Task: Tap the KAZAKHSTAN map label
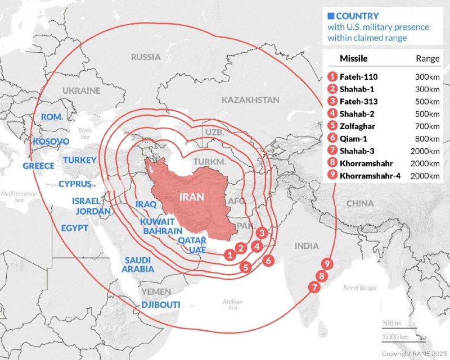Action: (x=250, y=99)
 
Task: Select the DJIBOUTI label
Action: (x=161, y=304)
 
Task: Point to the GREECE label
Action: (x=38, y=166)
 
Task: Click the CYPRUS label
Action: (x=75, y=184)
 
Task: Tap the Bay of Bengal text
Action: (x=359, y=288)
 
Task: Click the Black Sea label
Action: (x=85, y=133)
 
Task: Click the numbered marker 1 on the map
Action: (x=229, y=254)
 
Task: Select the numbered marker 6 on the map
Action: (x=268, y=261)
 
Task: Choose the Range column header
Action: (x=427, y=58)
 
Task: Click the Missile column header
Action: (x=354, y=58)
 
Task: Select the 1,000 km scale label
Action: (x=394, y=336)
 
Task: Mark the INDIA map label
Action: (x=307, y=245)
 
